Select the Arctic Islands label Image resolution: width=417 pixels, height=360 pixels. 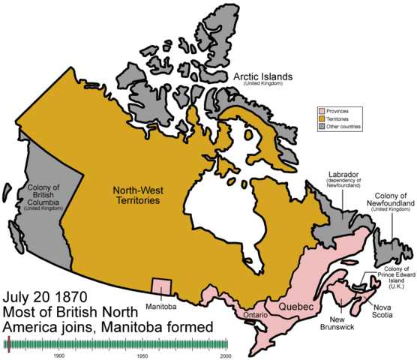pyautogui.click(x=263, y=77)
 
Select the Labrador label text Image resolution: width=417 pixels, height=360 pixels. pyautogui.click(x=344, y=175)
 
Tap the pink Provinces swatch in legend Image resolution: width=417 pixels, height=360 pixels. pyautogui.click(x=320, y=110)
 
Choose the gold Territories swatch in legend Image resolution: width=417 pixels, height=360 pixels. pyautogui.click(x=320, y=118)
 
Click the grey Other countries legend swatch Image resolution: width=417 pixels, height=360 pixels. pyautogui.click(x=320, y=127)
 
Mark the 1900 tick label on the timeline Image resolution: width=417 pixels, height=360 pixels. pyautogui.click(x=58, y=355)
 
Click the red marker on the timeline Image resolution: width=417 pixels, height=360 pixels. pyautogui.click(x=7, y=344)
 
